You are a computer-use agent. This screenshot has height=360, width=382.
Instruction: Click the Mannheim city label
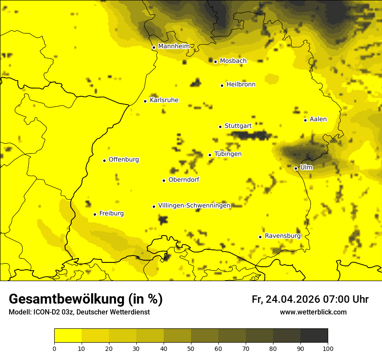(174, 46)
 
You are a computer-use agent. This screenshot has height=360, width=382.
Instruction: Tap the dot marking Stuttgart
(220, 127)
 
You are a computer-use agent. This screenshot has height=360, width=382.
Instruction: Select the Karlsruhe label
(164, 100)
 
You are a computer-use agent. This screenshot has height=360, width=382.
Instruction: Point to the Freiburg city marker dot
(95, 214)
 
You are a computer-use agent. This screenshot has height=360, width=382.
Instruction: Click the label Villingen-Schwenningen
(194, 206)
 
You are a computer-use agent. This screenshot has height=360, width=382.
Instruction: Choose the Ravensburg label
(282, 236)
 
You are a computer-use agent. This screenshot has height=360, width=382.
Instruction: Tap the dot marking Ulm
(296, 168)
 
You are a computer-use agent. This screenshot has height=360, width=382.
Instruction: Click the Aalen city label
(318, 119)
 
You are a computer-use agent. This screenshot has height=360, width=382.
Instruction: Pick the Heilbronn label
(241, 85)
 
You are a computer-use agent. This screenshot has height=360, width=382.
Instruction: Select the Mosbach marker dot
(215, 62)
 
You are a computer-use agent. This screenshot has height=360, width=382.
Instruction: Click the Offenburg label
(124, 160)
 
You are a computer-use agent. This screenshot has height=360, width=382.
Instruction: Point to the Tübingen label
(228, 154)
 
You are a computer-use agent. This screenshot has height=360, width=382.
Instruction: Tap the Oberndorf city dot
(164, 180)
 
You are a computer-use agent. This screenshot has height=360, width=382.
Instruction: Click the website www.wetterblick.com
(313, 312)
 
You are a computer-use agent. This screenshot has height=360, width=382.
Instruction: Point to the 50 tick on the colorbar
(191, 348)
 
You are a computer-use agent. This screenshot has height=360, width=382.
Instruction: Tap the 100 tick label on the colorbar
(328, 348)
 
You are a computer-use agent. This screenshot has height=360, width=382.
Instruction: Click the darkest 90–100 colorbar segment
(314, 335)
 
